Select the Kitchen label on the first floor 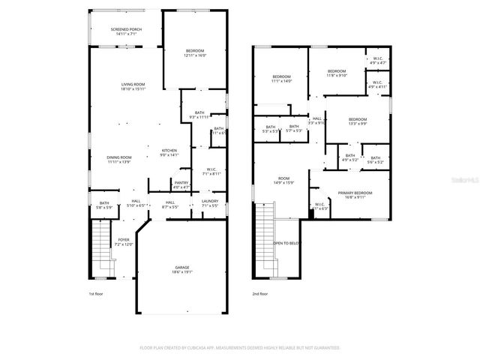click(x=169, y=152)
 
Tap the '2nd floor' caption click(x=260, y=294)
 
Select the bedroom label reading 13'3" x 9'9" click(x=357, y=121)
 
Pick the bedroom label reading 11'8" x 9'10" click(x=336, y=73)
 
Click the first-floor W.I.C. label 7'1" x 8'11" click(x=211, y=171)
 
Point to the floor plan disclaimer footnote click(x=239, y=348)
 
